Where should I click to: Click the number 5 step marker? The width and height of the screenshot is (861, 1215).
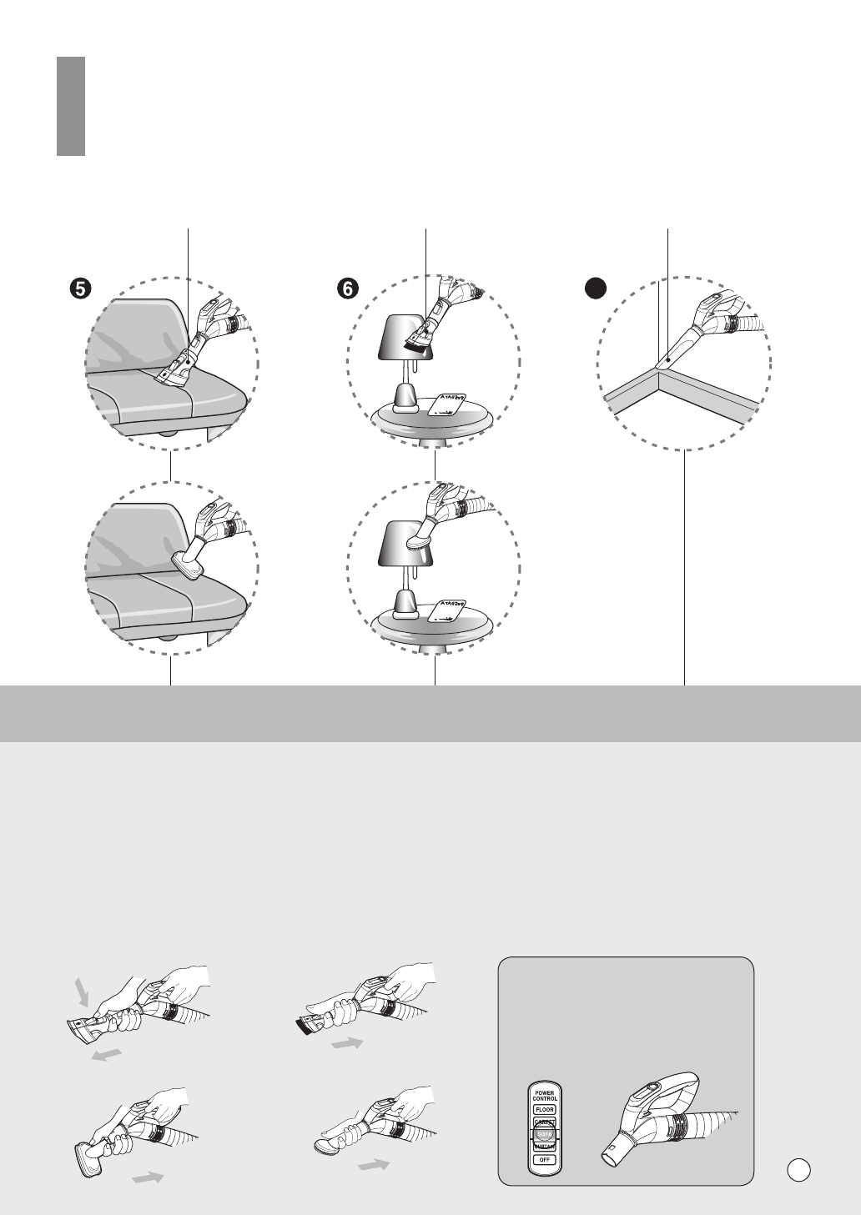80,289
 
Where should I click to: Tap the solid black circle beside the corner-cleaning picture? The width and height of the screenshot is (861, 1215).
593,289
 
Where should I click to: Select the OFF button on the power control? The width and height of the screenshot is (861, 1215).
545,1160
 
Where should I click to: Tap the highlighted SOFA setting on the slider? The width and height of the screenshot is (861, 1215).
545,1135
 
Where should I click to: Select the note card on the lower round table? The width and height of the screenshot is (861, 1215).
446,611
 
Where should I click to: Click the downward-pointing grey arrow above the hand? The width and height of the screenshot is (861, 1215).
82,992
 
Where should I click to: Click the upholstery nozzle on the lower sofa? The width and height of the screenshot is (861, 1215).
189,568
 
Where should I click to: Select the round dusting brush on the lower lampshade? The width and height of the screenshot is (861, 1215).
416,542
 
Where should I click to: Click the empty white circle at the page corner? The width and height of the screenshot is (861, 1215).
798,1169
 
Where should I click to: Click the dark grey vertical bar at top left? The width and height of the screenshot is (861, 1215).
71,106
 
